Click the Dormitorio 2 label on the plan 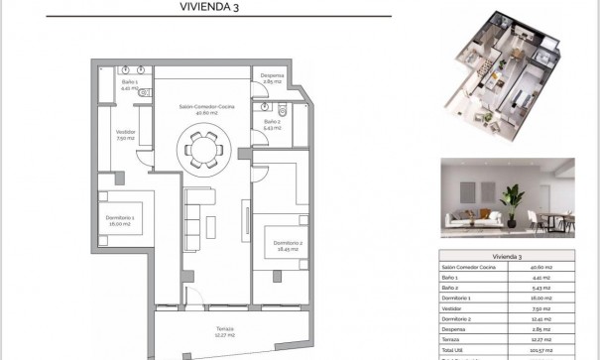[288, 243]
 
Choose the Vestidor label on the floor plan [124, 133]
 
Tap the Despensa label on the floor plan [274, 75]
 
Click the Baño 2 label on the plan [273, 121]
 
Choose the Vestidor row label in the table [455, 308]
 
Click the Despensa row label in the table [457, 329]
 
